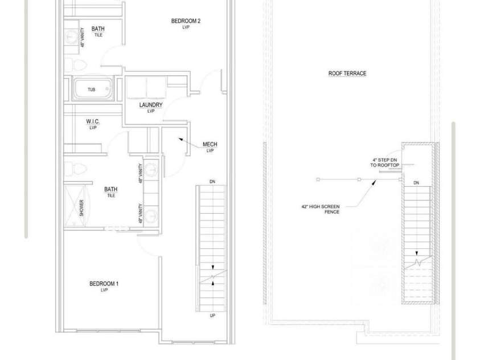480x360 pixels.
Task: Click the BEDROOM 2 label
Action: click(x=186, y=21)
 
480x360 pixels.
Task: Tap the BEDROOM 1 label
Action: click(x=104, y=284)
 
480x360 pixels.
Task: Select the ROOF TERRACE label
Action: click(x=347, y=73)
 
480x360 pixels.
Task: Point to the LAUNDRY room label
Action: click(x=151, y=105)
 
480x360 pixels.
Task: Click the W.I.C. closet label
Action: click(x=93, y=121)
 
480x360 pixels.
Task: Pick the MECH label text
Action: click(x=210, y=144)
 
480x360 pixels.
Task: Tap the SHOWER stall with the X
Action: click(x=75, y=206)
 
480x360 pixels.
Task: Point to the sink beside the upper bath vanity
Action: click(x=72, y=36)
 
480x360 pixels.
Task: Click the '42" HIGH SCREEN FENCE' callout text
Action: click(x=321, y=209)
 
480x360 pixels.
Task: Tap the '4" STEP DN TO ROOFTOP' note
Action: click(x=385, y=162)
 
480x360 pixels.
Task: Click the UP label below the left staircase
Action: click(x=212, y=316)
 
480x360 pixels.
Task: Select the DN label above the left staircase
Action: click(x=212, y=182)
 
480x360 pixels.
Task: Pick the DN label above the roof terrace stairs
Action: click(x=416, y=183)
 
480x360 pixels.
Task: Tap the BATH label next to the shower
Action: click(x=111, y=190)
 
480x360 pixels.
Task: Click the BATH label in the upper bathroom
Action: click(x=98, y=29)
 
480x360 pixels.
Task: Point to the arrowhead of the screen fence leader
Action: click(x=374, y=182)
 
